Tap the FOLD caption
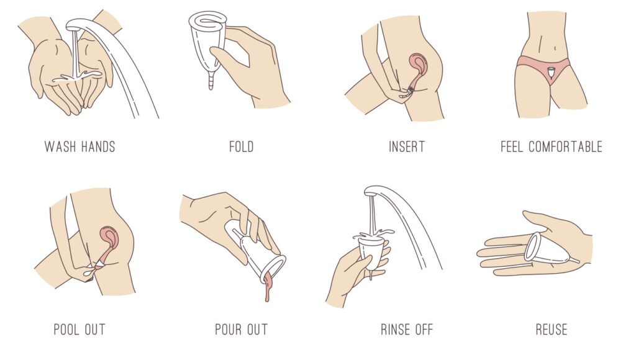[x=242, y=146]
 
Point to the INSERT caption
[x=407, y=146]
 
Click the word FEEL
[x=512, y=146]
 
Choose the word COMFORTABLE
[x=565, y=146]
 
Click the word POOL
[x=66, y=329]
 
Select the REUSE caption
[x=552, y=329]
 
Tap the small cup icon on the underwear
[x=551, y=73]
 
